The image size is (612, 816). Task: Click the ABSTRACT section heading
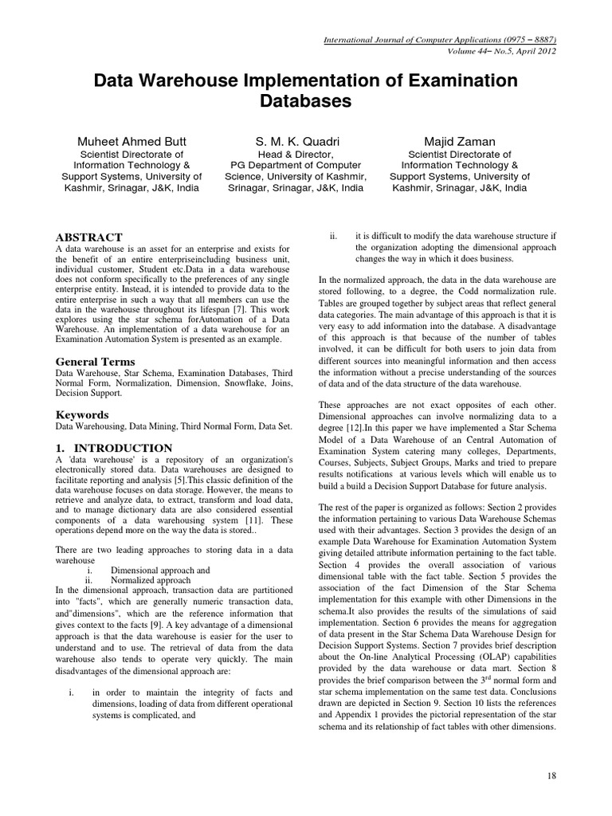coord(88,237)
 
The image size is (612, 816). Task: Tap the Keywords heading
coord(81,415)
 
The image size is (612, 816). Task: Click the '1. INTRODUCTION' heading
coord(113,448)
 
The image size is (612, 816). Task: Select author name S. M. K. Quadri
coord(307,141)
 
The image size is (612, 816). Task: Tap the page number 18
coord(551,775)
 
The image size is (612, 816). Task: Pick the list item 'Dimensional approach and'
coord(160,571)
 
